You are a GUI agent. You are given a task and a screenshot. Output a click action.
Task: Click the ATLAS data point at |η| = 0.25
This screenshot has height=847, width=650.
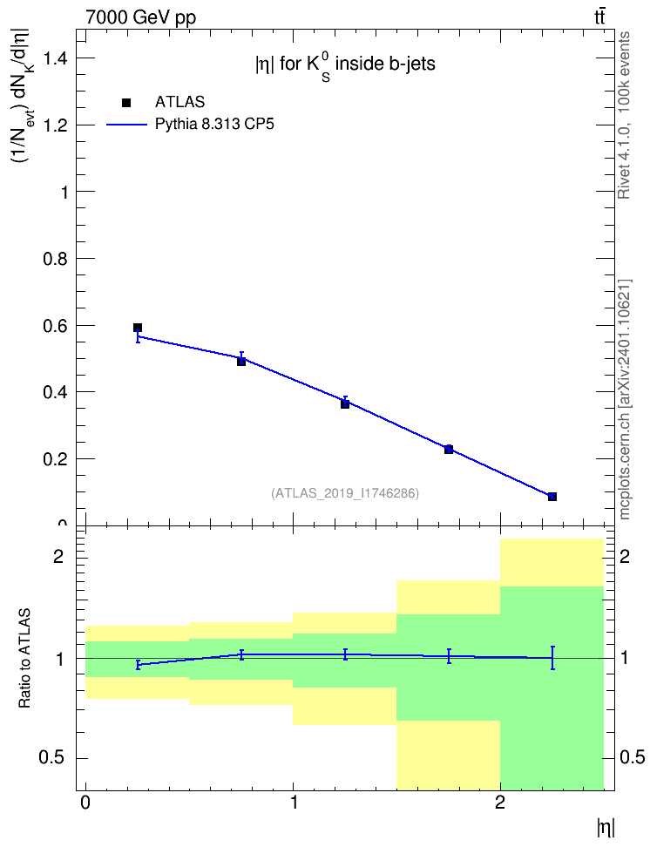pos(138,328)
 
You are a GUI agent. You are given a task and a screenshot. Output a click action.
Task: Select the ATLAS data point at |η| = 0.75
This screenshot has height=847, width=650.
pos(241,362)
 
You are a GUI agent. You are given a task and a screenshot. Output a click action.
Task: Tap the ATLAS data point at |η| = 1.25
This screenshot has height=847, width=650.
pos(345,403)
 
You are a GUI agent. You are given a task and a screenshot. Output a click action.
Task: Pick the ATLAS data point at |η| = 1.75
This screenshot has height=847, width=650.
pos(449,450)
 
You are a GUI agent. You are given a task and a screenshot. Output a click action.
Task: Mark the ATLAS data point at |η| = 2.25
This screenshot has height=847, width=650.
pos(552,497)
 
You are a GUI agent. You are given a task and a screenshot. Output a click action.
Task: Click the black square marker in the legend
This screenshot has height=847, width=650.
pos(126,103)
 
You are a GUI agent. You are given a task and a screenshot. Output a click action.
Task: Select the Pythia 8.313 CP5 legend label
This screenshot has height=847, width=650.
pos(214,125)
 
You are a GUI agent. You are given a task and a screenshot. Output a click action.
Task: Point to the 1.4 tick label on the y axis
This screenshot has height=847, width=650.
pos(56,58)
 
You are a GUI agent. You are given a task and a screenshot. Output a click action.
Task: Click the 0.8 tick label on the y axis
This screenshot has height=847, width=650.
pos(56,259)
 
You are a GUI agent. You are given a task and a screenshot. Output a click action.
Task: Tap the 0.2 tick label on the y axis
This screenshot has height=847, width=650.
pos(56,459)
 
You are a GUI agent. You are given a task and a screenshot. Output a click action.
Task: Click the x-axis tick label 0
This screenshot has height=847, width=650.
pos(85,803)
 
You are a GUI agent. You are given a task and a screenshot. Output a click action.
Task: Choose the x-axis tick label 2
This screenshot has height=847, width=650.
pos(500,803)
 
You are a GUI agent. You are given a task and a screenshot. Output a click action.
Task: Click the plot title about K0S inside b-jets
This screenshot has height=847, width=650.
pos(345,66)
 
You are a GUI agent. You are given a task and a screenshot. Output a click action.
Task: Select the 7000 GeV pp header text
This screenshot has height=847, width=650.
pos(140,17)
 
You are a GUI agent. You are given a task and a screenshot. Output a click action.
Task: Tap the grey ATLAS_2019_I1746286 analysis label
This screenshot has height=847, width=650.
pos(345,493)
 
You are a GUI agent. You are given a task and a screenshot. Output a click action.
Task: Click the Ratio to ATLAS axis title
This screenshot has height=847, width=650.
pos(25,659)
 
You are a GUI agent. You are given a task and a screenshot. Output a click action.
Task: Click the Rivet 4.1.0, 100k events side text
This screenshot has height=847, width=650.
pos(624,115)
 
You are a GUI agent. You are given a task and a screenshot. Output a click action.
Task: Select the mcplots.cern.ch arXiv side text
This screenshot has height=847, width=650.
pos(625,399)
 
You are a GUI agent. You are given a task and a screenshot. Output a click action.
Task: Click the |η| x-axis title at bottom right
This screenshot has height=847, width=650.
pos(606,827)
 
